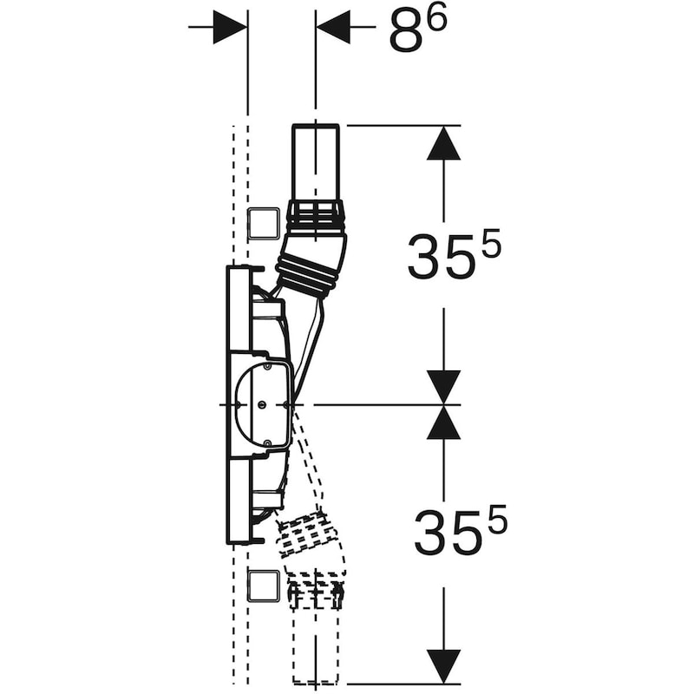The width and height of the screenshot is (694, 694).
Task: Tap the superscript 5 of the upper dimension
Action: [x=491, y=243]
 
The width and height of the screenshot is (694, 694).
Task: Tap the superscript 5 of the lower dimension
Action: [x=497, y=519]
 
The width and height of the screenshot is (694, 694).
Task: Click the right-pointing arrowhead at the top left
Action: [x=229, y=27]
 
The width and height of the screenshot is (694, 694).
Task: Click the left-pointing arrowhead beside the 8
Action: [x=333, y=27]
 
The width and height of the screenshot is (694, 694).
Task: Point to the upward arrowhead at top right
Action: [x=444, y=142]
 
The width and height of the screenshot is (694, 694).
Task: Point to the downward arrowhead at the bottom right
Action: [x=444, y=666]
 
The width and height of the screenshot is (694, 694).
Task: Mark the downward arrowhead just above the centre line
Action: [x=444, y=387]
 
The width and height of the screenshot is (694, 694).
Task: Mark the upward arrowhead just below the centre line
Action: [x=444, y=422]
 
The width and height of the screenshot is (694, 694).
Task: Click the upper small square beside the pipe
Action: [x=264, y=224]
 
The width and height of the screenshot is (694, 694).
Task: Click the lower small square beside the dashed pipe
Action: [x=264, y=586]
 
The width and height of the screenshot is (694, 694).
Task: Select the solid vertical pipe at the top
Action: [x=316, y=162]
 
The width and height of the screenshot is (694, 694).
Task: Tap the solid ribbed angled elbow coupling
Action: [x=312, y=265]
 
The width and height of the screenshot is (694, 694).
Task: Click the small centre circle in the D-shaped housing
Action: [x=262, y=404]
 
